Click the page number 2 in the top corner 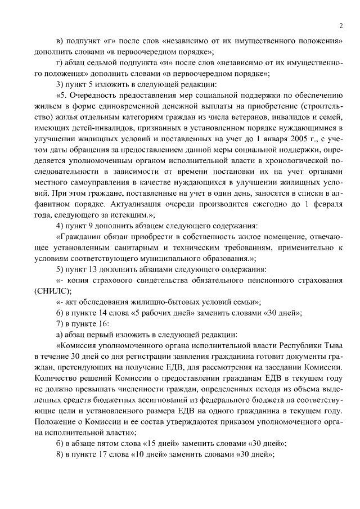pyautogui.click(x=341, y=25)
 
